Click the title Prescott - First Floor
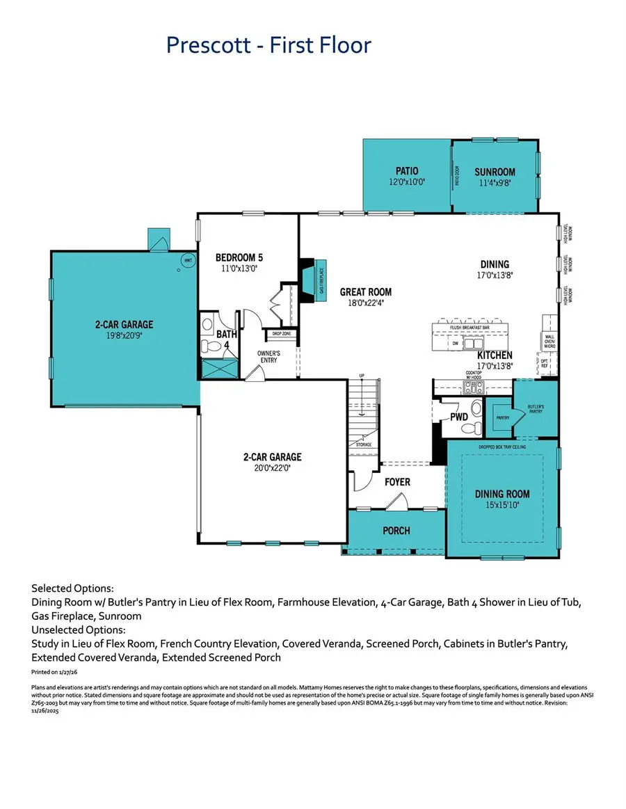point(268,45)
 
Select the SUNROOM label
point(495,172)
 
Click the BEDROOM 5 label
point(239,257)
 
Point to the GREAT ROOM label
point(365,292)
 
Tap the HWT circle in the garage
point(187,261)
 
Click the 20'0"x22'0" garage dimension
point(272,468)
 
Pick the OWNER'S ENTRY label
point(268,356)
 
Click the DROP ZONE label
point(281,334)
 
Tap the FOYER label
point(398,481)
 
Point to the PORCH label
point(396,530)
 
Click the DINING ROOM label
point(502,494)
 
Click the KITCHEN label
point(495,355)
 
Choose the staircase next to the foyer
point(364,410)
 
